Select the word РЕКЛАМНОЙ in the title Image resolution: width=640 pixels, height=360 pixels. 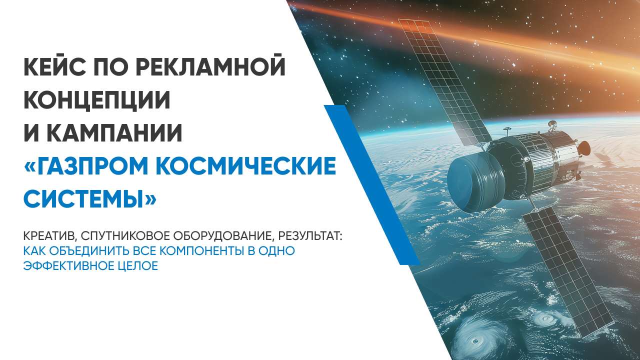click(x=210, y=66)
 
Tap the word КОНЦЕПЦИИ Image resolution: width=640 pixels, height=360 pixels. click(x=97, y=100)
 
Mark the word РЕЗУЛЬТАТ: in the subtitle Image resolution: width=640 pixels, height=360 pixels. click(x=310, y=236)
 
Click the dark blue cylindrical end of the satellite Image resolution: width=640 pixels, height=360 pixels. click(x=474, y=183)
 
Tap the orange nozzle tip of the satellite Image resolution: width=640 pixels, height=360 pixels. click(x=585, y=147)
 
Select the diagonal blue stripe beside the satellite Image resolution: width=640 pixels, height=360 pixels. click(x=371, y=184)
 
